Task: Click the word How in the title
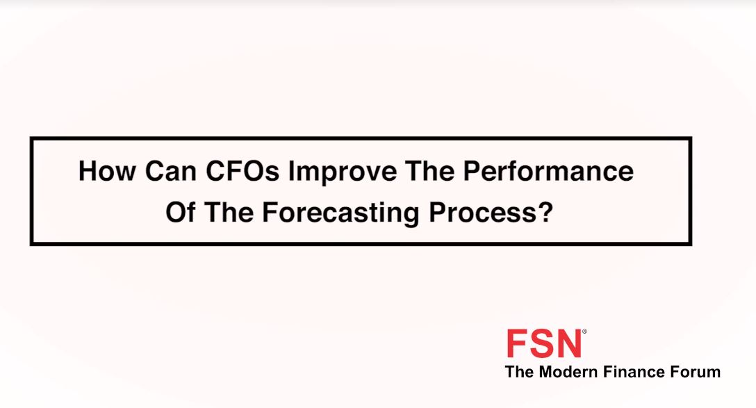[x=107, y=171]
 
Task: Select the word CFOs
[x=243, y=171]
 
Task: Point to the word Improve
[x=343, y=172]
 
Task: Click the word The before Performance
[x=430, y=171]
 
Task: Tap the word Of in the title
[x=181, y=212]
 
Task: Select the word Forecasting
[x=341, y=214]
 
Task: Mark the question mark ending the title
[x=545, y=212]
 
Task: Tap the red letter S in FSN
[x=542, y=343]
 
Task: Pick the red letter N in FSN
[x=569, y=343]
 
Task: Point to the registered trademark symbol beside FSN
[x=584, y=332]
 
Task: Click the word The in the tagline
[x=520, y=372]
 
